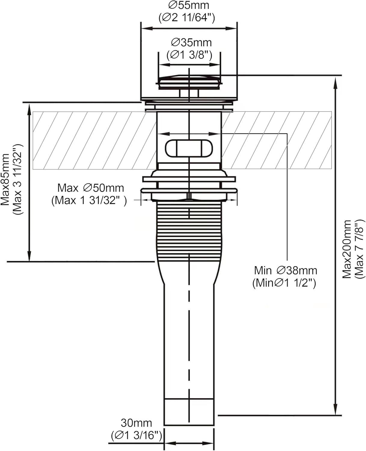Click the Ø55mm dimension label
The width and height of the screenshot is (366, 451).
click(189, 5)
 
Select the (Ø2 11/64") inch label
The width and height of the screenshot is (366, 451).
click(187, 18)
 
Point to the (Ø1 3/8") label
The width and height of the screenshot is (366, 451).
click(189, 55)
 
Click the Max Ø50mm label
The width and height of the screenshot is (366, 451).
click(91, 188)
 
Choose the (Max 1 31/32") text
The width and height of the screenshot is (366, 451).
click(89, 200)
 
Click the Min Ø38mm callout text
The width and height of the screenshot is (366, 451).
click(285, 271)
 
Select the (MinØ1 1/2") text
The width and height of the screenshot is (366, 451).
click(284, 283)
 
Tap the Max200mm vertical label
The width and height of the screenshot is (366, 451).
click(347, 249)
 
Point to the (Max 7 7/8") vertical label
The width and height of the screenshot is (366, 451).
click(360, 249)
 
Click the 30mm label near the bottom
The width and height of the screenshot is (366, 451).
click(136, 423)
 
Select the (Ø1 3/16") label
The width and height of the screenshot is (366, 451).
click(137, 435)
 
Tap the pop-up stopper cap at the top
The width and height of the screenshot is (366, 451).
click(189, 81)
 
